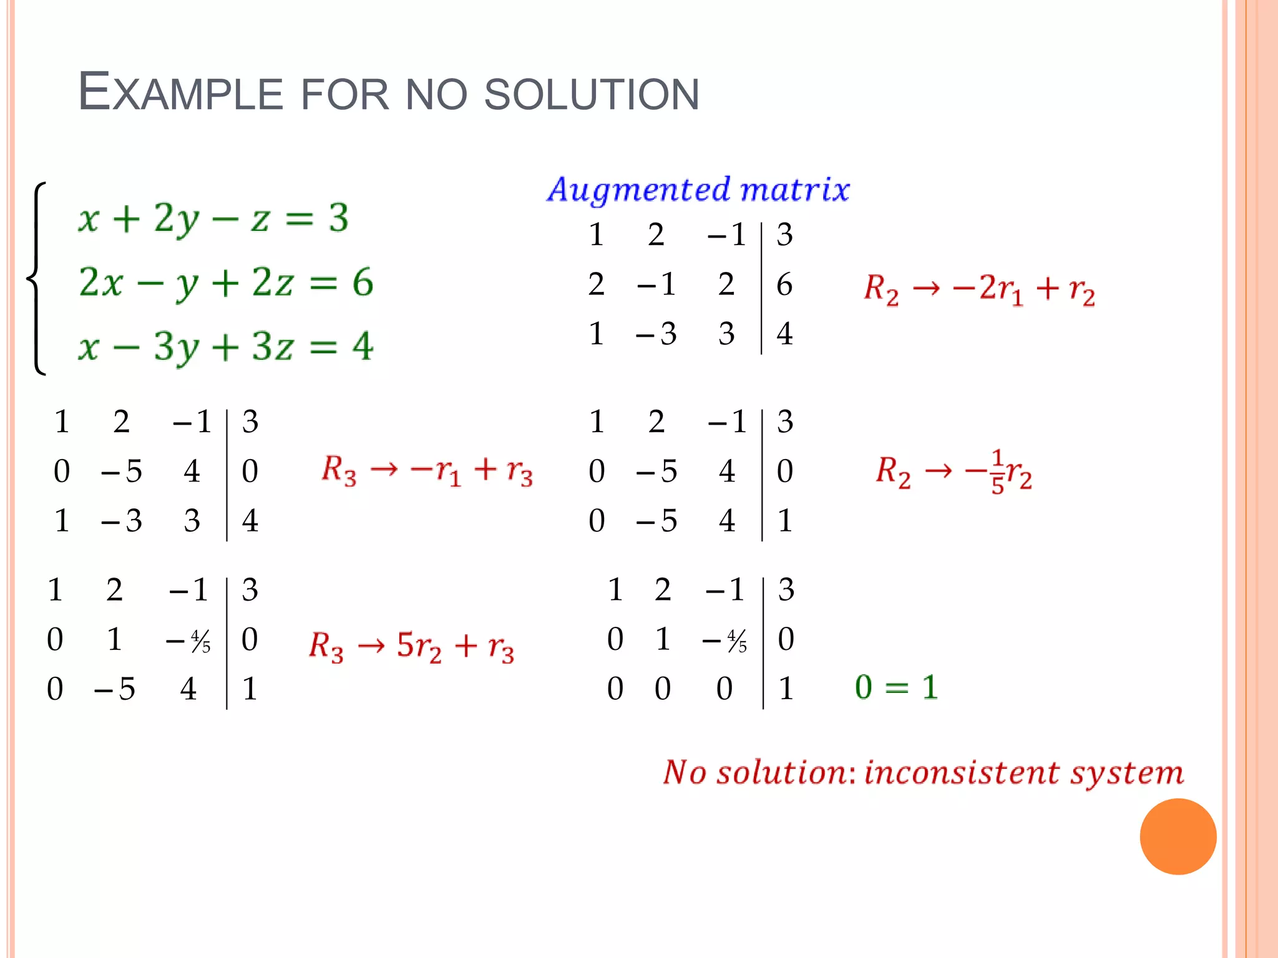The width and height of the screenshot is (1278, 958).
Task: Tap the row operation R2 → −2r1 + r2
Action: pyautogui.click(x=979, y=289)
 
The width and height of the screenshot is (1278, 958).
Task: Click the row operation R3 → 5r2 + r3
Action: pyautogui.click(x=411, y=646)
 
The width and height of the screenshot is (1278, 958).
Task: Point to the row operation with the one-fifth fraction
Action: pyautogui.click(x=954, y=472)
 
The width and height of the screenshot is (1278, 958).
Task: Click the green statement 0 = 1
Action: pyautogui.click(x=896, y=687)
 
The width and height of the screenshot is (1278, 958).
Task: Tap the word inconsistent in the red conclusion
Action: pyautogui.click(x=962, y=773)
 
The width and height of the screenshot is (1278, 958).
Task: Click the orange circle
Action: pyautogui.click(x=1178, y=836)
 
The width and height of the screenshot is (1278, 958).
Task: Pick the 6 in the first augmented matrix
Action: pyautogui.click(x=784, y=284)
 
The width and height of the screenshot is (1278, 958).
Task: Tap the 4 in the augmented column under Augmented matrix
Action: pyautogui.click(x=784, y=334)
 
